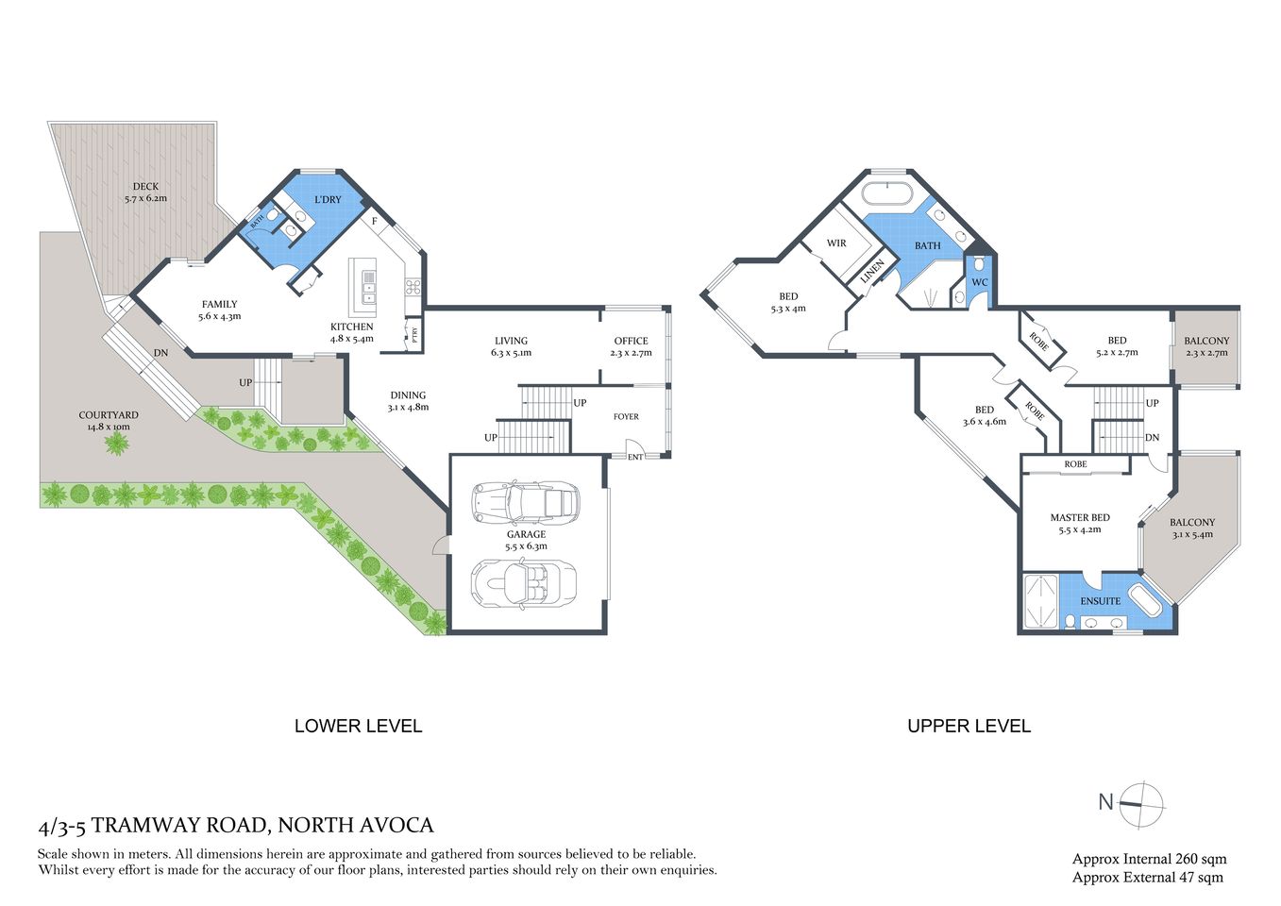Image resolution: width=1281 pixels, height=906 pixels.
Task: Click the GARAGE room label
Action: (x=526, y=534)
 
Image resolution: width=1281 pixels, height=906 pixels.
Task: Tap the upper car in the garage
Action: (x=525, y=502)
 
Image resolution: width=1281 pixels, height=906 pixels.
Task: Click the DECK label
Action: (x=145, y=187)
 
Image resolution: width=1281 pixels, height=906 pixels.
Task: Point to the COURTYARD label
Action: (x=109, y=415)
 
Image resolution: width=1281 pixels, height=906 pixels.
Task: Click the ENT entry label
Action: (x=635, y=458)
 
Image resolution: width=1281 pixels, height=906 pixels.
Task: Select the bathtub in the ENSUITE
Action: (x=1143, y=601)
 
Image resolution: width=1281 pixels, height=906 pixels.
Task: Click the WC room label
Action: (x=980, y=282)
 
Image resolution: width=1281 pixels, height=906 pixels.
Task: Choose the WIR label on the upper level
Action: (x=836, y=243)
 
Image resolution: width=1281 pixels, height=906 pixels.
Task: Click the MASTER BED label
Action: (x=1080, y=518)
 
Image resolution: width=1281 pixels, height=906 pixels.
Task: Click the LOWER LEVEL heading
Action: (x=358, y=726)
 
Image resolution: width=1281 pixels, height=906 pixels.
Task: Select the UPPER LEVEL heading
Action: (x=969, y=726)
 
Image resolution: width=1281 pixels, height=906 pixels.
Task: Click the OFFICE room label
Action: (x=631, y=342)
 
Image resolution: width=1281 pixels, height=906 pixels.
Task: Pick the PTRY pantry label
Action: (x=414, y=333)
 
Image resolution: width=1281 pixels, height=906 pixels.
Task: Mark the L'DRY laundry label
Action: (x=328, y=200)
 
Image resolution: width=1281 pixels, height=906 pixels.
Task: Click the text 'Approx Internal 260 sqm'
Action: (x=1149, y=859)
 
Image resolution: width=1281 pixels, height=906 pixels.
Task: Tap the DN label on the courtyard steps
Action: (x=161, y=353)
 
